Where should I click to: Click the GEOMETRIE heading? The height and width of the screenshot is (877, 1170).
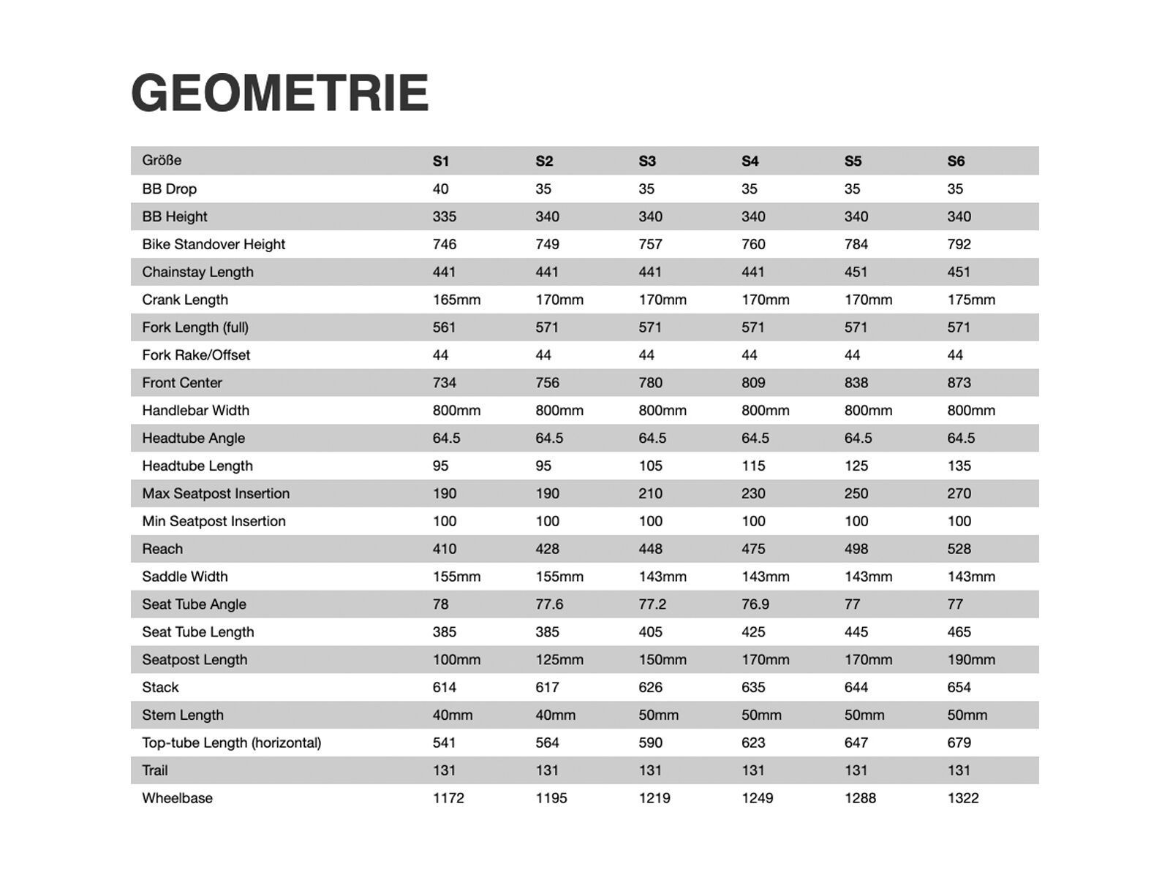[x=279, y=93]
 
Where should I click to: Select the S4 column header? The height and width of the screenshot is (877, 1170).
[x=750, y=161]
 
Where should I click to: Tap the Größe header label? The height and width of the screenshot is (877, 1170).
[x=162, y=160]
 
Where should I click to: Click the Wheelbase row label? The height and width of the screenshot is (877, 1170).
[x=177, y=798]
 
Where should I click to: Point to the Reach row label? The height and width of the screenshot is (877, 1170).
[x=162, y=549]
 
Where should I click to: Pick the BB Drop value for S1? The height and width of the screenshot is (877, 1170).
[x=440, y=189]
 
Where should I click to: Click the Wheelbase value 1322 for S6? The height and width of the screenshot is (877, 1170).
[x=962, y=798]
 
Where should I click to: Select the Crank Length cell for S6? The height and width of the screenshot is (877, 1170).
[x=970, y=300]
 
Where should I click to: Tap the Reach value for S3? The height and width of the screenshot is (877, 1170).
[x=650, y=549]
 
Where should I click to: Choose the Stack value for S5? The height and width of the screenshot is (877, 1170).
[x=856, y=687]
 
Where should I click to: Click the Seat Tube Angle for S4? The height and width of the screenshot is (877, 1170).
[x=755, y=604]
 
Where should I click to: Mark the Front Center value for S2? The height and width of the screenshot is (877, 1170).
[x=547, y=383]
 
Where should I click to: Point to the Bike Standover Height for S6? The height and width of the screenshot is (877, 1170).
[x=959, y=244]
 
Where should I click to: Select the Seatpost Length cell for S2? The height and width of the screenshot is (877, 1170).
[x=559, y=660]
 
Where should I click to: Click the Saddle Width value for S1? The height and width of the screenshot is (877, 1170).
[x=456, y=577]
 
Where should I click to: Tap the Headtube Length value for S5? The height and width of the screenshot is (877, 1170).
[x=856, y=466]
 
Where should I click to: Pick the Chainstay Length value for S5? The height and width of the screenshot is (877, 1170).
[x=856, y=272]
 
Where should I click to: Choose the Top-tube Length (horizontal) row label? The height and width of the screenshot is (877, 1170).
[x=231, y=743]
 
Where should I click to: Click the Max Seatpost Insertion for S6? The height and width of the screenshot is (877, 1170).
[x=959, y=493]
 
